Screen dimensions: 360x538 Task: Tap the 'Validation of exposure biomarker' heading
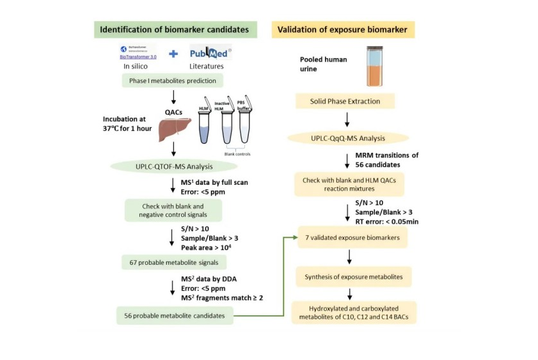pyautogui.click(x=344, y=29)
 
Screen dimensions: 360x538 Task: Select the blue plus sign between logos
pyautogui.click(x=173, y=54)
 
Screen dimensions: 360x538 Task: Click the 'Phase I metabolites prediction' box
pyautogui.click(x=173, y=81)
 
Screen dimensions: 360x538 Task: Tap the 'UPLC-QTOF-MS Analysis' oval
pyautogui.click(x=173, y=167)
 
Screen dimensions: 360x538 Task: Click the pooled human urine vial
pyautogui.click(x=375, y=67)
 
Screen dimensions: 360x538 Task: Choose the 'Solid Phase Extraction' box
pyautogui.click(x=345, y=102)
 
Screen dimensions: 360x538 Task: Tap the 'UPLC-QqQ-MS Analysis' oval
pyautogui.click(x=345, y=137)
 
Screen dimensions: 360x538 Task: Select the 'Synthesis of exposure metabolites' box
pyautogui.click(x=352, y=278)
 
